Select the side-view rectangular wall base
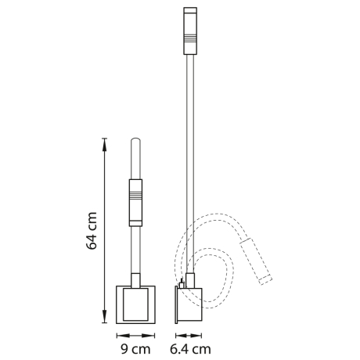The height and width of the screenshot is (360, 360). [189, 304]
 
